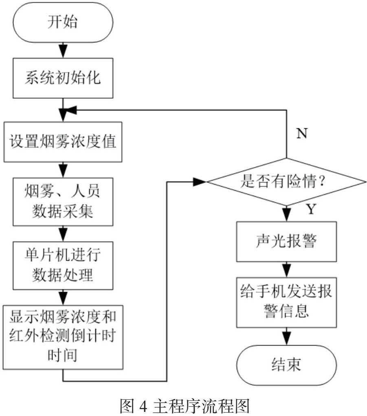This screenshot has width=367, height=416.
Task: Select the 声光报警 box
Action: pyautogui.click(x=288, y=242)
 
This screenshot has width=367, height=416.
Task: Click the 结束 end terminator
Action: pyautogui.click(x=288, y=363)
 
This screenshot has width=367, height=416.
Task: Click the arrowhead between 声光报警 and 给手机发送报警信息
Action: pyautogui.click(x=288, y=270)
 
